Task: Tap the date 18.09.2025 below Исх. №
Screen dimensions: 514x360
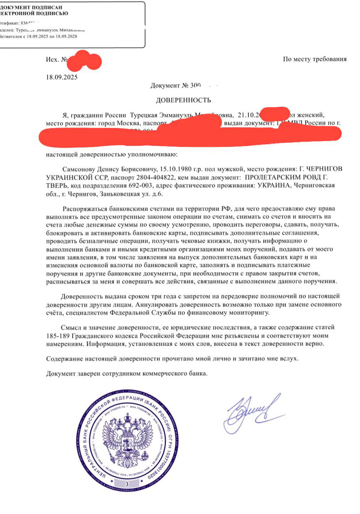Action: (x=61, y=76)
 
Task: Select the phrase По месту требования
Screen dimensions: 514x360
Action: (x=314, y=59)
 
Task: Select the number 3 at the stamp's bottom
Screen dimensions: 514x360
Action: (x=127, y=484)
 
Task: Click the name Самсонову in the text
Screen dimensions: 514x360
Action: (x=82, y=169)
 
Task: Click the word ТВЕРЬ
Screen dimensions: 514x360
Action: (x=58, y=185)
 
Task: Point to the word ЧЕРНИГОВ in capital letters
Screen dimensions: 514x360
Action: (x=324, y=169)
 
